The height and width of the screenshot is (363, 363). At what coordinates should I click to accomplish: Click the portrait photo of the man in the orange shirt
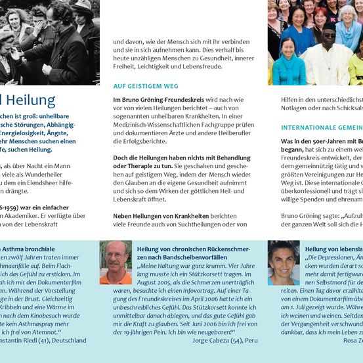(x=116, y=262)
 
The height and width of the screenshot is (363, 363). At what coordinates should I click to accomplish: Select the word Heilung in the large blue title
(x=31, y=101)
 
